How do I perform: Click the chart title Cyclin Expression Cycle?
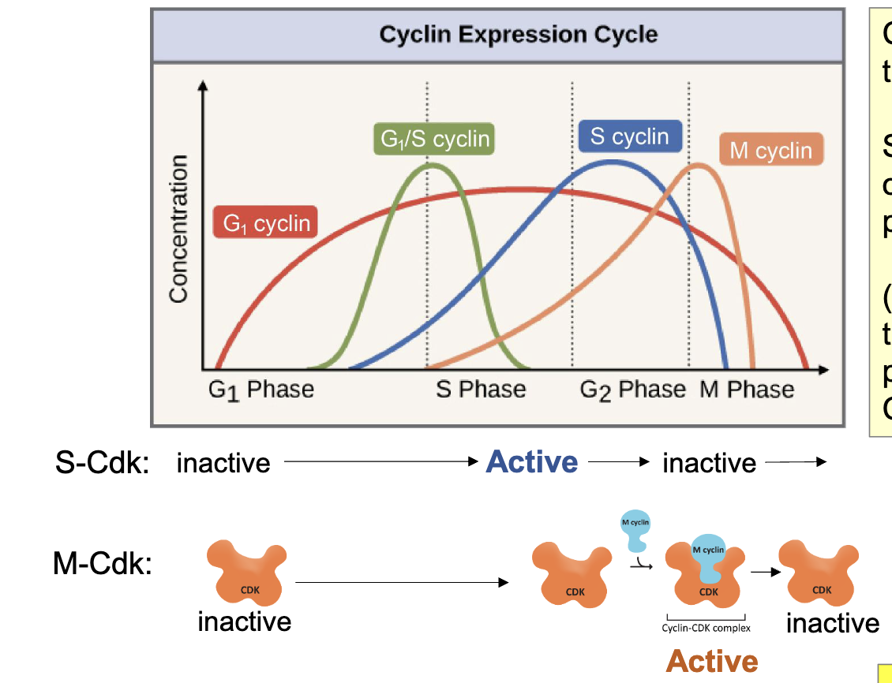pyautogui.click(x=518, y=35)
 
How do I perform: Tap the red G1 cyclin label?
pyautogui.click(x=265, y=223)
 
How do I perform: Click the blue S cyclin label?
pyautogui.click(x=628, y=136)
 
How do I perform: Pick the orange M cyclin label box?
pyautogui.click(x=770, y=150)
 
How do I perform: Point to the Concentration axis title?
pyautogui.click(x=179, y=229)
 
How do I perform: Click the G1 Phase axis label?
pyautogui.click(x=261, y=390)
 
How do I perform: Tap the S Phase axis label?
pyautogui.click(x=481, y=390)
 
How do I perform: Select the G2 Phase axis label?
pyautogui.click(x=632, y=390)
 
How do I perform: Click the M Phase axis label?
pyautogui.click(x=747, y=390)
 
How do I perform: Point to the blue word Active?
pyautogui.click(x=532, y=461)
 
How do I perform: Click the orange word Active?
pyautogui.click(x=712, y=661)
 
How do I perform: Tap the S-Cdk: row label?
pyautogui.click(x=103, y=463)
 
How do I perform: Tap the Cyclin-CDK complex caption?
pyautogui.click(x=706, y=628)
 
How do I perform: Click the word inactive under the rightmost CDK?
pyautogui.click(x=832, y=623)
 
